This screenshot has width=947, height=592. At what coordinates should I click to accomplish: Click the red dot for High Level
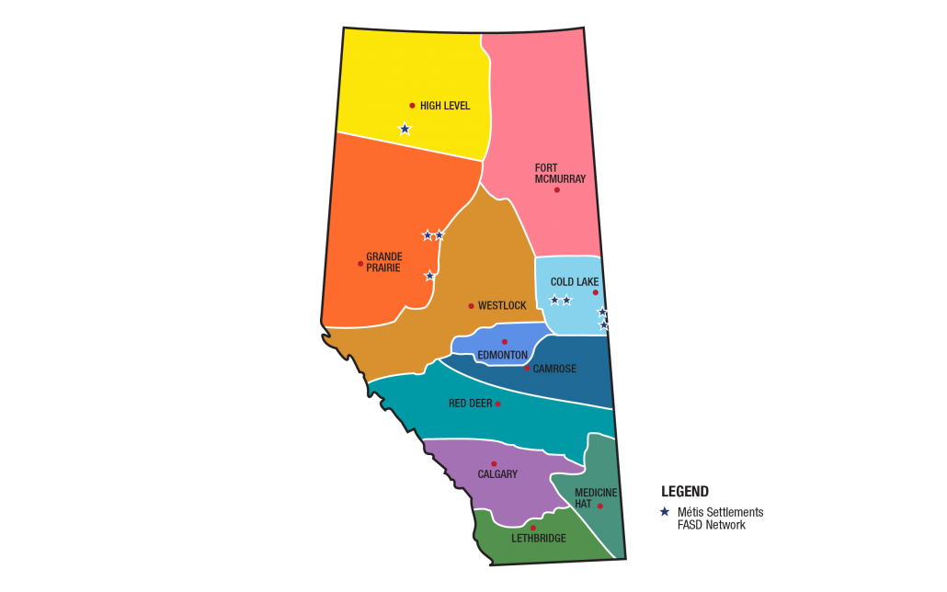click(x=412, y=106)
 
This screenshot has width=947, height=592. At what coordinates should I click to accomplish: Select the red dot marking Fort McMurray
click(x=556, y=189)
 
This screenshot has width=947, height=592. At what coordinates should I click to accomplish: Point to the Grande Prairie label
click(x=384, y=262)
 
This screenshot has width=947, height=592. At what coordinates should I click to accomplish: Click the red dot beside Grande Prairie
click(x=360, y=264)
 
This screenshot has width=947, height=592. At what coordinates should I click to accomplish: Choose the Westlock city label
click(x=502, y=306)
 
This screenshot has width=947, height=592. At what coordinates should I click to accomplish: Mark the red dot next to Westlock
click(x=471, y=306)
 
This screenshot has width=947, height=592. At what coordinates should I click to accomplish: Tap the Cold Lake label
click(x=575, y=282)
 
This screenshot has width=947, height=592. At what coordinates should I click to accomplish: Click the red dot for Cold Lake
click(x=595, y=292)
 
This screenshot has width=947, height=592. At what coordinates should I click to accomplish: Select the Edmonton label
click(x=502, y=355)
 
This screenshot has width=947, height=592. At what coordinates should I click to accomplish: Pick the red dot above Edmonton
click(x=504, y=342)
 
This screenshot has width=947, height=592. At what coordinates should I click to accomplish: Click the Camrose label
click(x=554, y=369)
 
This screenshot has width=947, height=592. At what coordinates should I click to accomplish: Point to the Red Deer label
click(x=470, y=404)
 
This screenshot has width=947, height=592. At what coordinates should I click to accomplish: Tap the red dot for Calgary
click(x=494, y=464)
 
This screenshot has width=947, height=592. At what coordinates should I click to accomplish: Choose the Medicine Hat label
click(x=596, y=498)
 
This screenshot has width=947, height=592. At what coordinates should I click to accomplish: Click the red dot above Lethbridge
click(x=533, y=528)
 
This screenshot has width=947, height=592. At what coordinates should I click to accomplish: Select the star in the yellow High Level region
click(x=405, y=129)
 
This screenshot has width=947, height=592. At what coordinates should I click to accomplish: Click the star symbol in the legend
click(x=664, y=512)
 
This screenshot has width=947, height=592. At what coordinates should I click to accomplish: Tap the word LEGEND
click(x=685, y=492)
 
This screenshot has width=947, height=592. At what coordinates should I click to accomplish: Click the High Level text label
click(x=445, y=106)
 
